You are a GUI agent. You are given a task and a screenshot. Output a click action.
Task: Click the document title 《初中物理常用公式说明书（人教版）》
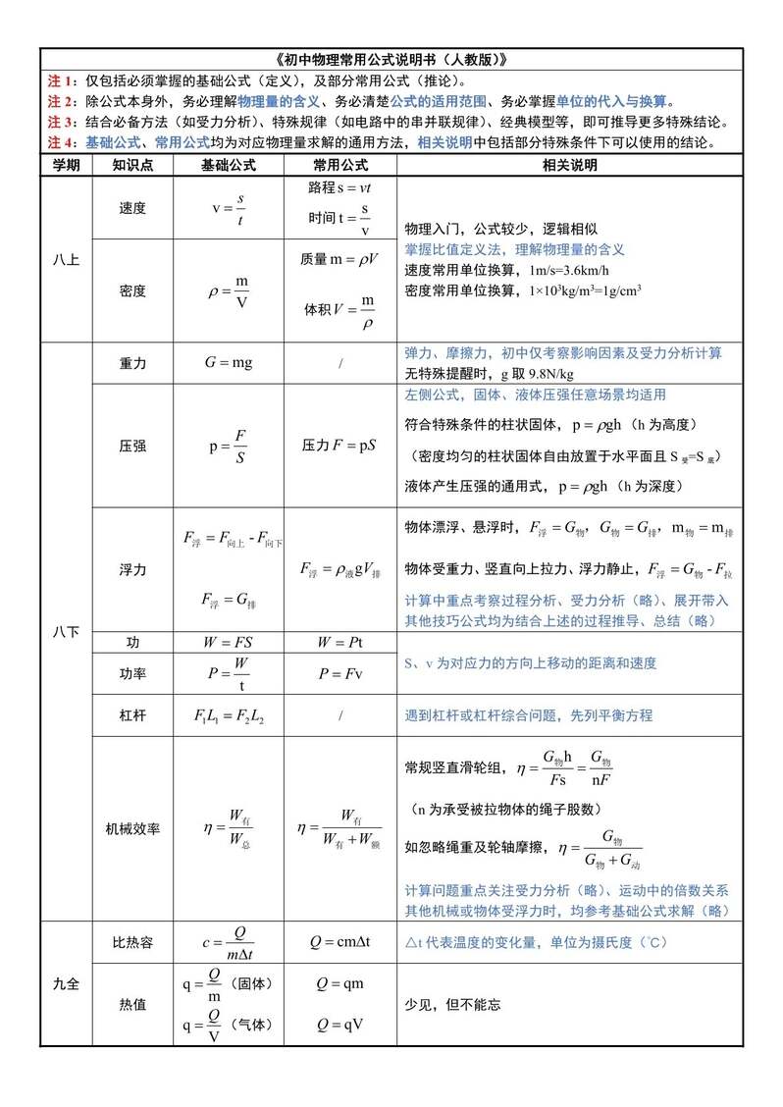391,59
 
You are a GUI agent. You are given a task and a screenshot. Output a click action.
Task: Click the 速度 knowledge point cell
131,208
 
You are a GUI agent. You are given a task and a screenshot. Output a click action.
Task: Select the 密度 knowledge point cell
131,291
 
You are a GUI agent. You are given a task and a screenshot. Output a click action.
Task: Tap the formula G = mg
228,363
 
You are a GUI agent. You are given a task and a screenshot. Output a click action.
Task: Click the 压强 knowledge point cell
131,446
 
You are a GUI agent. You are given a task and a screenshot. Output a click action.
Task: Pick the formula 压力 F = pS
339,446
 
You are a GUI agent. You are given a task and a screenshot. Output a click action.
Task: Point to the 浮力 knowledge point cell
131,569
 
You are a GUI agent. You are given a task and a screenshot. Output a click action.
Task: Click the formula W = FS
228,643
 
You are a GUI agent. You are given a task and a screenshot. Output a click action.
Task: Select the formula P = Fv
339,674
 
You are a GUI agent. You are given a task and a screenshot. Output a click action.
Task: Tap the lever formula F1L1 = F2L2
228,715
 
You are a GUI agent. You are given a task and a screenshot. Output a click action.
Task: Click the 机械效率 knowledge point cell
131,828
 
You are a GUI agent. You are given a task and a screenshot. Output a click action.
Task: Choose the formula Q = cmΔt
339,942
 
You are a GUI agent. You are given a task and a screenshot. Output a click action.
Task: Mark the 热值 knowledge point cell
131,1005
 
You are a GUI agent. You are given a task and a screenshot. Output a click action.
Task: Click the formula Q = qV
339,1026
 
